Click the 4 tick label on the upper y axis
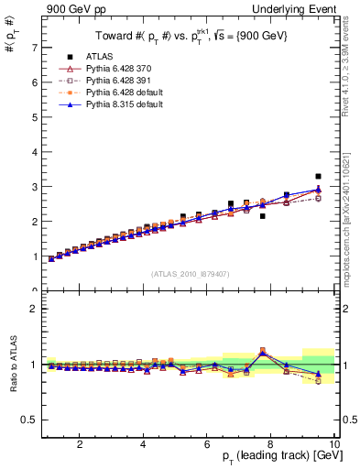pyautogui.click(x=34, y=151)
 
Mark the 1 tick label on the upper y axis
pyautogui.click(x=34, y=256)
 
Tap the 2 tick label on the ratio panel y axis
pyautogui.click(x=34, y=309)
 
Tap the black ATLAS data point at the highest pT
pyautogui.click(x=318, y=176)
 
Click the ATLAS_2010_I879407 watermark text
pyautogui.click(x=190, y=274)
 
